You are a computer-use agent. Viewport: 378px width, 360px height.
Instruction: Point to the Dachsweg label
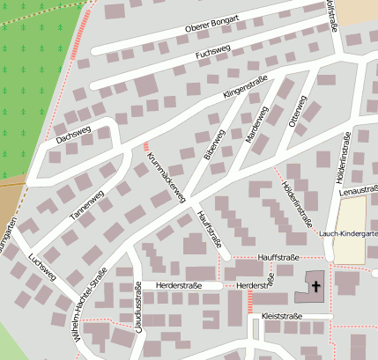[73, 134]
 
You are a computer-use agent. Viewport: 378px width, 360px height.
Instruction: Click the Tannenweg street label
[87, 204]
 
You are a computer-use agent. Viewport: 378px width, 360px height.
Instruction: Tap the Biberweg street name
[214, 146]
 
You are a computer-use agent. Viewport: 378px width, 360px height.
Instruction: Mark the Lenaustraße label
[358, 190]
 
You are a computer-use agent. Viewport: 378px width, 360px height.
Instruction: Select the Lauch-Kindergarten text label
[349, 233]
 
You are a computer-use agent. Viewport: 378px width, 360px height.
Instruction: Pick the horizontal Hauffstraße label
[279, 257]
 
